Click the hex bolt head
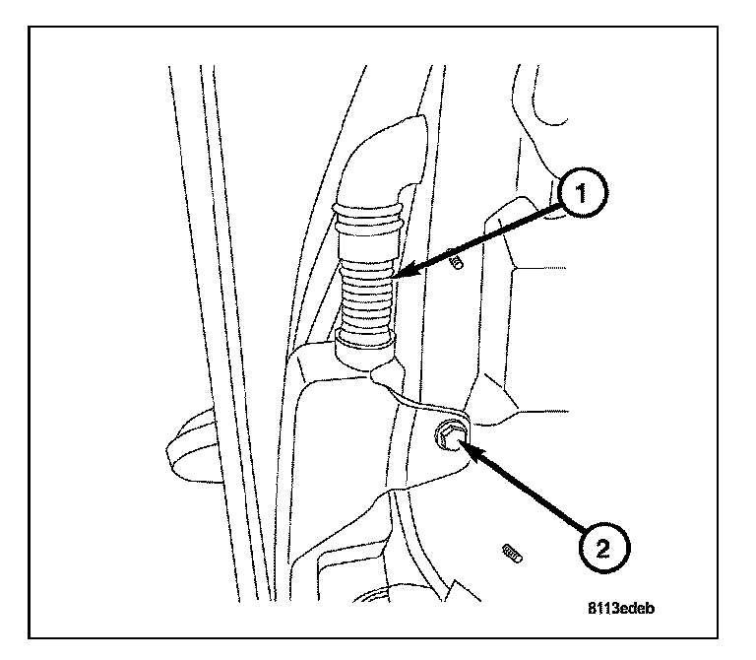(x=451, y=434)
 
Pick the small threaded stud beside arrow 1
(x=456, y=263)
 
